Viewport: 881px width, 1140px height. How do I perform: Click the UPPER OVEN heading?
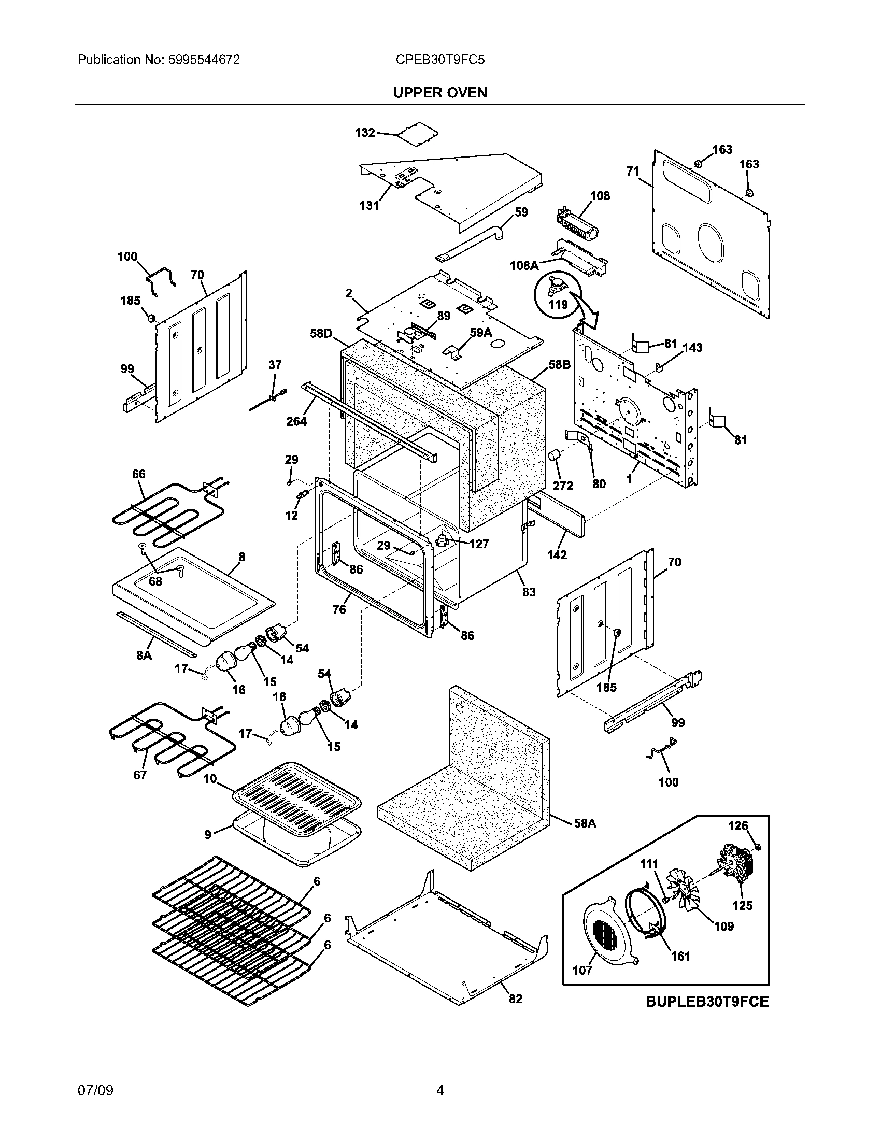[x=440, y=92]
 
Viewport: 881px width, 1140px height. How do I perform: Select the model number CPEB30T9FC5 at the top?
[x=440, y=60]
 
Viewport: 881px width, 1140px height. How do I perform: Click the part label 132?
[x=365, y=133]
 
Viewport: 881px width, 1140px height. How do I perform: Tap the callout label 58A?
[x=585, y=823]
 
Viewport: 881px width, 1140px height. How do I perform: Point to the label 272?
[x=563, y=486]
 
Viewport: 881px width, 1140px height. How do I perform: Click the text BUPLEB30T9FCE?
[x=707, y=1002]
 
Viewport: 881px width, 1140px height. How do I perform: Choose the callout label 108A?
[x=524, y=266]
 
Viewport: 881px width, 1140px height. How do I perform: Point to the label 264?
[x=296, y=421]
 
